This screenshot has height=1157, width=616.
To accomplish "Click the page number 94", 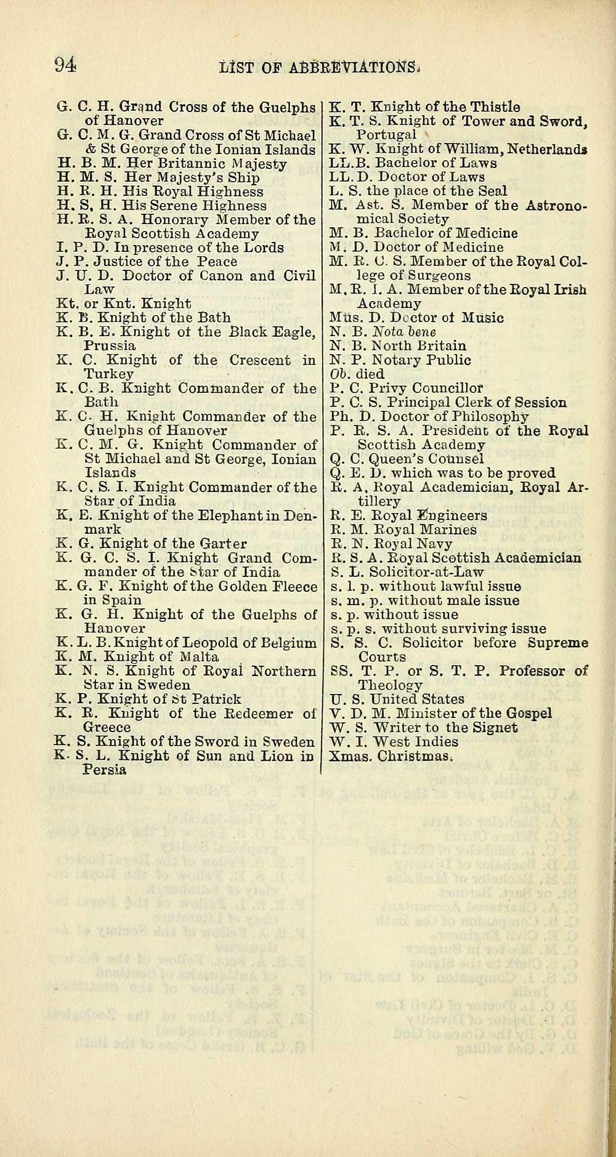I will click(65, 64).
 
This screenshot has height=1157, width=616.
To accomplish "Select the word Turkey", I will click(108, 374).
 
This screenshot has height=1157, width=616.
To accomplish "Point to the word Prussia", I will click(110, 345).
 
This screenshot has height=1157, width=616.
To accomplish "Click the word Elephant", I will click(223, 515).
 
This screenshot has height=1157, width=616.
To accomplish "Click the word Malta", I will click(198, 656).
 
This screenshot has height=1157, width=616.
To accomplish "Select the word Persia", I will click(104, 770).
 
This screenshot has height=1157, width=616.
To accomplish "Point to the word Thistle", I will click(495, 107).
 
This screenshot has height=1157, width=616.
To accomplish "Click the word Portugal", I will click(386, 135).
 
